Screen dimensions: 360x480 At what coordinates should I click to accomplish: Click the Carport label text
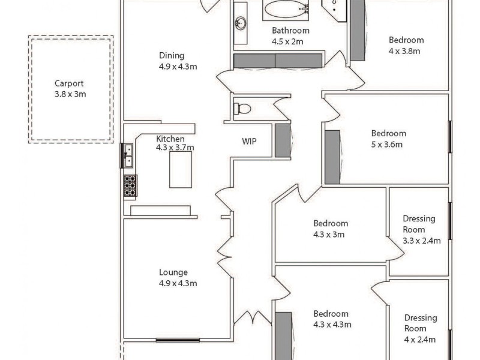coord(70,84)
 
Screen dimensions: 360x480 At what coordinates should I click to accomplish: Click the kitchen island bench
coord(181,170)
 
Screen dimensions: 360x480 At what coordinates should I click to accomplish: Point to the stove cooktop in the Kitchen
coord(130,185)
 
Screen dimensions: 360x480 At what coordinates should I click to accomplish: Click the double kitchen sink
coord(128,155)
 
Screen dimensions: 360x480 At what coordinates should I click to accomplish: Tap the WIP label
coord(249,142)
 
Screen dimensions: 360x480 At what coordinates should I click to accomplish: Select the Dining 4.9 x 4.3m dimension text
coord(178,67)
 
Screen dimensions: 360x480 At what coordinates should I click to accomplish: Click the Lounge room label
coord(173,272)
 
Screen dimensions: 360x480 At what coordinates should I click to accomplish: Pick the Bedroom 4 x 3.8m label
coord(406,40)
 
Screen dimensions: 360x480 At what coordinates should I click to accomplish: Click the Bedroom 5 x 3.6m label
coord(388,133)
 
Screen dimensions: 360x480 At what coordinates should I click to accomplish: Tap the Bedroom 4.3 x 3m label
coord(331,224)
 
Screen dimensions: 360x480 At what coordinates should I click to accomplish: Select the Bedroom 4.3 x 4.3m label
coord(331,314)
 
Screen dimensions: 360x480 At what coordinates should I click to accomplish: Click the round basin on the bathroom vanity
coord(241,23)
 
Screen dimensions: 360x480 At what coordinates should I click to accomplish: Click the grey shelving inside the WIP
coord(283,140)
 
